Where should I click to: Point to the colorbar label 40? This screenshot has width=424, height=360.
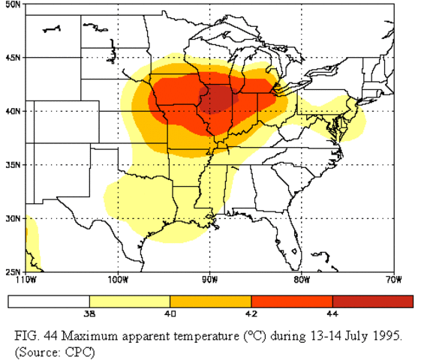(170, 314)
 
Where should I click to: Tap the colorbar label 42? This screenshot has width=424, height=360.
(251, 314)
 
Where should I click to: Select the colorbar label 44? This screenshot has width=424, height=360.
(332, 314)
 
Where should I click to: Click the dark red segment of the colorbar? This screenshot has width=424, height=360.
(373, 301)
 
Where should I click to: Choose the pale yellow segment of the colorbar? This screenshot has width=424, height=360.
(130, 301)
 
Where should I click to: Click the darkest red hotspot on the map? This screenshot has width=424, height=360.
(221, 97)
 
